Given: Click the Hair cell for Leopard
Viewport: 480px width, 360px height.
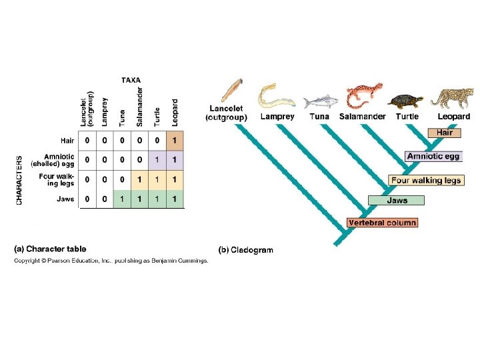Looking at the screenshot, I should [175, 141].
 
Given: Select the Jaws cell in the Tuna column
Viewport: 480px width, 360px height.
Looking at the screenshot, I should [122, 199].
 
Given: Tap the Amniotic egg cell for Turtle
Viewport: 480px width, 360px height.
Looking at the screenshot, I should [157, 160].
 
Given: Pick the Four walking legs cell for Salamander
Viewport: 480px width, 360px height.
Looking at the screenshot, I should [140, 179].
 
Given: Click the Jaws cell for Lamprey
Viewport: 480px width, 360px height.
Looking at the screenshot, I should [105, 199].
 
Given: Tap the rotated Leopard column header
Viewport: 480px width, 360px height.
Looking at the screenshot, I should [175, 112].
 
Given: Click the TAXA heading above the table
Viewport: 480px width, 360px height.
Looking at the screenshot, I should [131, 80].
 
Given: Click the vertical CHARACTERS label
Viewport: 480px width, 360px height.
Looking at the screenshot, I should [19, 180].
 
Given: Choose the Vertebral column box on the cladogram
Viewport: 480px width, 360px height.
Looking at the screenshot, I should [382, 223].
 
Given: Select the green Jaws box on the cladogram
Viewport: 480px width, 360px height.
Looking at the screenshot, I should [397, 200].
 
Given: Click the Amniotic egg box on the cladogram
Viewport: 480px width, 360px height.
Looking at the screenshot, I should [433, 157].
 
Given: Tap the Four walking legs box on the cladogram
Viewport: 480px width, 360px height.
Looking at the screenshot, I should [426, 180].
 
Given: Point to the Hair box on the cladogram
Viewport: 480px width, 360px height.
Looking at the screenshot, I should [445, 133].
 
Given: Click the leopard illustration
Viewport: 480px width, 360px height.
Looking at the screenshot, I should [453, 97].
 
